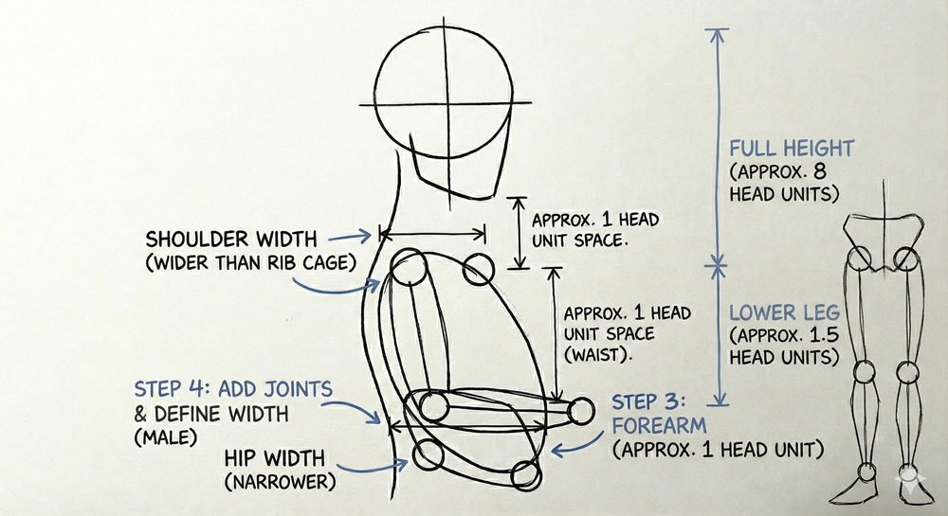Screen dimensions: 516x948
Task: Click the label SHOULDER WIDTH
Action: coord(231,239)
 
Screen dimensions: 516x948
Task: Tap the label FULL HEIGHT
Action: coord(791,149)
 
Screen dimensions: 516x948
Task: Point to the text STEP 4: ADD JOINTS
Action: coord(233,389)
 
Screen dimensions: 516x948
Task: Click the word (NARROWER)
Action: coord(280,482)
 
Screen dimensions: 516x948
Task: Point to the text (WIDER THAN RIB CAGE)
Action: coord(250,262)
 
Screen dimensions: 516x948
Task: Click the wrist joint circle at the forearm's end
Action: coord(582,411)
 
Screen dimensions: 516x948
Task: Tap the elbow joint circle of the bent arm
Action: coord(433,407)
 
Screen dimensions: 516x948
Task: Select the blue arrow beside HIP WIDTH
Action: coord(392,463)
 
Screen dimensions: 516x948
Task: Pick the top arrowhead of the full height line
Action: coord(718,35)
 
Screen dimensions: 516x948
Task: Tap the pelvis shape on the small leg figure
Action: coord(883,238)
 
